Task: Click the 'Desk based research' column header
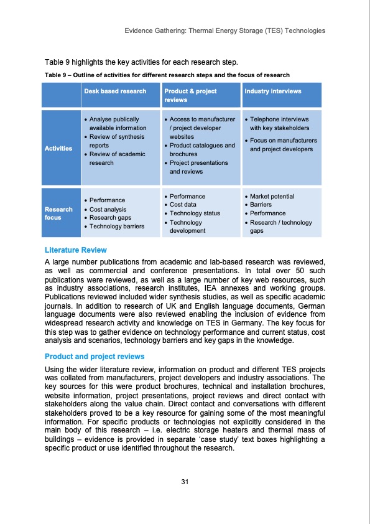tap(115, 91)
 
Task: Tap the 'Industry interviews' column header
tap(273, 91)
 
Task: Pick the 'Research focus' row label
tap(58, 213)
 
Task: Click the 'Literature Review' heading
tap(76, 250)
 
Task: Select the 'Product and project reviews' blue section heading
tap(95, 357)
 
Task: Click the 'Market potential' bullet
tap(272, 196)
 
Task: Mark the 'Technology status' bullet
tap(195, 213)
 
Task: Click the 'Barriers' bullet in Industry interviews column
tap(261, 205)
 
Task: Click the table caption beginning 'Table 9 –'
tap(167, 75)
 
